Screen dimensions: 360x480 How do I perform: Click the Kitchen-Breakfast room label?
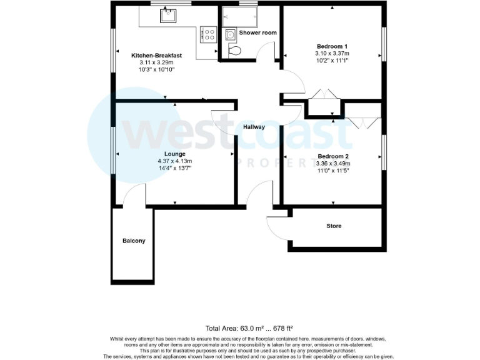(x=156, y=56)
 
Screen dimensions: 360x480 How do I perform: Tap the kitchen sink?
(x=168, y=15)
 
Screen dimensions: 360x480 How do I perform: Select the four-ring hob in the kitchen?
(x=208, y=35)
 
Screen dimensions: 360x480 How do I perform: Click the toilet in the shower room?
(x=235, y=51)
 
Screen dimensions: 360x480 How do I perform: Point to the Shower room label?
(x=257, y=32)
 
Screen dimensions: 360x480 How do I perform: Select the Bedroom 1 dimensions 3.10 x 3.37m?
(x=332, y=54)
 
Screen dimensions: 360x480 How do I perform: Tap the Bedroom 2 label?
(x=332, y=156)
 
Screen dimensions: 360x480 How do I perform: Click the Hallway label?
(x=254, y=127)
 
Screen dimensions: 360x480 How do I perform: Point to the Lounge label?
(x=174, y=154)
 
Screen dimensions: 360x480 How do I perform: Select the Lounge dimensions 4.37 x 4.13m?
(x=174, y=161)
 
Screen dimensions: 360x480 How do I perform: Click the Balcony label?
(x=134, y=241)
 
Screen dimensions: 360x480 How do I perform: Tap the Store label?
(x=334, y=226)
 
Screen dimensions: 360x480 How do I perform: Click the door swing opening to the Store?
(x=277, y=226)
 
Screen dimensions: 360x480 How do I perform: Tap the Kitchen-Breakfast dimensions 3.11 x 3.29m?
(x=156, y=62)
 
